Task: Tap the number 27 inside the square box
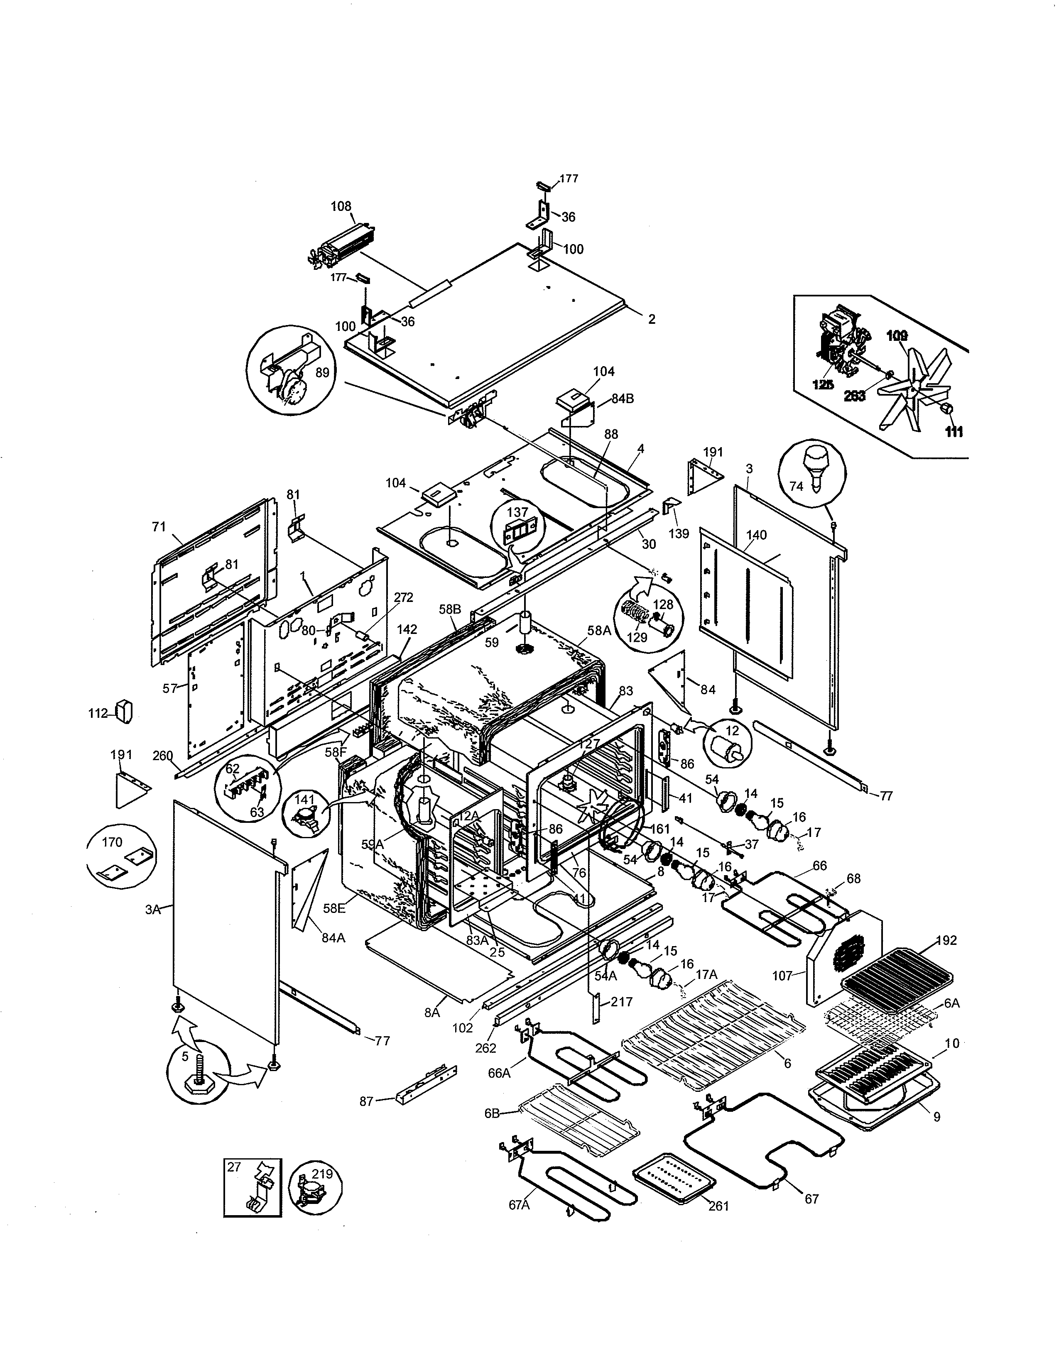pyautogui.click(x=234, y=1167)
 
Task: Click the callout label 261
pyautogui.click(x=718, y=1206)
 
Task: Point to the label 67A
pyautogui.click(x=520, y=1204)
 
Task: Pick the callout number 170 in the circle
pyautogui.click(x=112, y=842)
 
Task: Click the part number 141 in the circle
pyautogui.click(x=304, y=800)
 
